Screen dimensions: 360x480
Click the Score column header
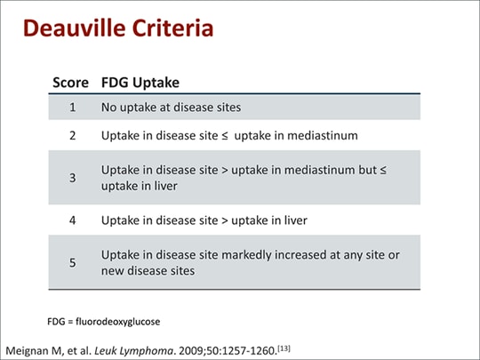(70, 83)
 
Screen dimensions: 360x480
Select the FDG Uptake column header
(140, 83)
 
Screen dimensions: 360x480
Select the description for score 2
(216, 136)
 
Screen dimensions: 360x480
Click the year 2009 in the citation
(196, 345)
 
